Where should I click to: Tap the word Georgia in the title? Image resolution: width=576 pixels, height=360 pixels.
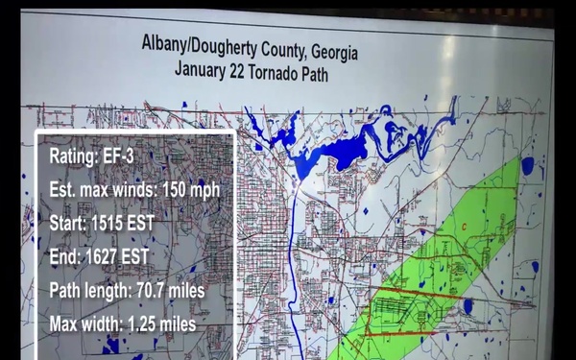click(326, 48)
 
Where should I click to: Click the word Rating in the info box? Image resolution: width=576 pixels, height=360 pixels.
click(73, 156)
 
